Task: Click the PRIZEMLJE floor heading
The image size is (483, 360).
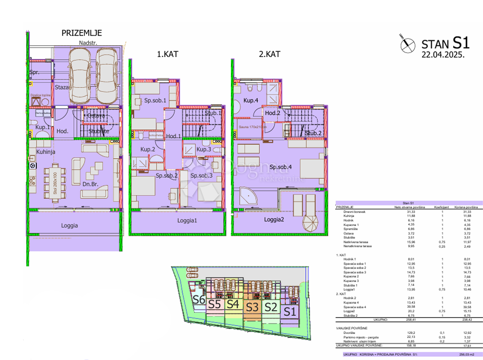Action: [82, 33]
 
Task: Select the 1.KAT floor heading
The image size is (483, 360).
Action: [168, 53]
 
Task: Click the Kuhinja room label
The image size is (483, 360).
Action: [46, 152]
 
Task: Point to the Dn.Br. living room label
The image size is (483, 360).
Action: [90, 184]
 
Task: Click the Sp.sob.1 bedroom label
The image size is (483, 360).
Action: [155, 101]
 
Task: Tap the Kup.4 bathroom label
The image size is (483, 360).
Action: [251, 101]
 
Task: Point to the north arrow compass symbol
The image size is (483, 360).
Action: [407, 44]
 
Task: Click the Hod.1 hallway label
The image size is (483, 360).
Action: [173, 136]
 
